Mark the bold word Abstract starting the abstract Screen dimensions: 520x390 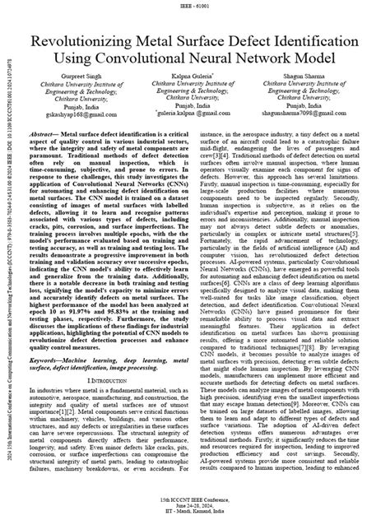click(39, 134)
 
